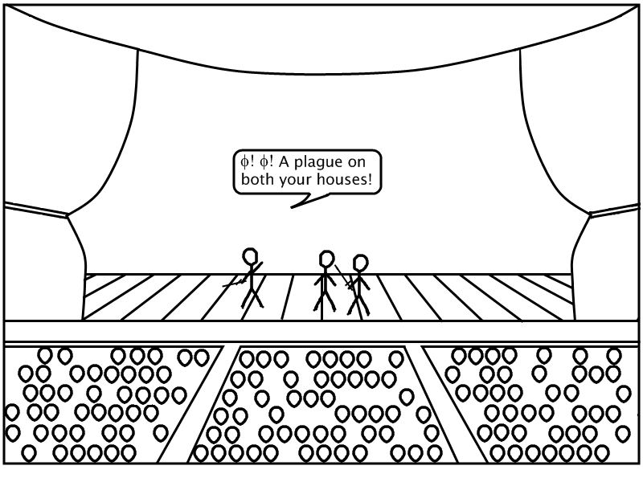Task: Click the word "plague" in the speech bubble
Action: click(x=318, y=163)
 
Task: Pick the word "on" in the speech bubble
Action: click(x=356, y=163)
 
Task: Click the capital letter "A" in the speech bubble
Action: click(x=285, y=162)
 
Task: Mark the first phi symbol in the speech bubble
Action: click(x=244, y=162)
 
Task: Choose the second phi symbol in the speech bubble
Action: click(x=264, y=162)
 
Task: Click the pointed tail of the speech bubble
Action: click(x=292, y=207)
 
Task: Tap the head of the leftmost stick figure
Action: click(x=250, y=256)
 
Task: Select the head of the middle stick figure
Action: click(x=326, y=259)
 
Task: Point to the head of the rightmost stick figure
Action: click(x=360, y=263)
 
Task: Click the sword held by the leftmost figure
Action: click(x=242, y=275)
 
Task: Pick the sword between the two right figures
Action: click(x=344, y=277)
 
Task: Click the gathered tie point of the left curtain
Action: click(x=68, y=214)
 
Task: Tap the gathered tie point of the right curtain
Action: click(x=590, y=214)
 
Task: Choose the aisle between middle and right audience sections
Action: click(x=439, y=406)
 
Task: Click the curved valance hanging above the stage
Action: click(x=321, y=75)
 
